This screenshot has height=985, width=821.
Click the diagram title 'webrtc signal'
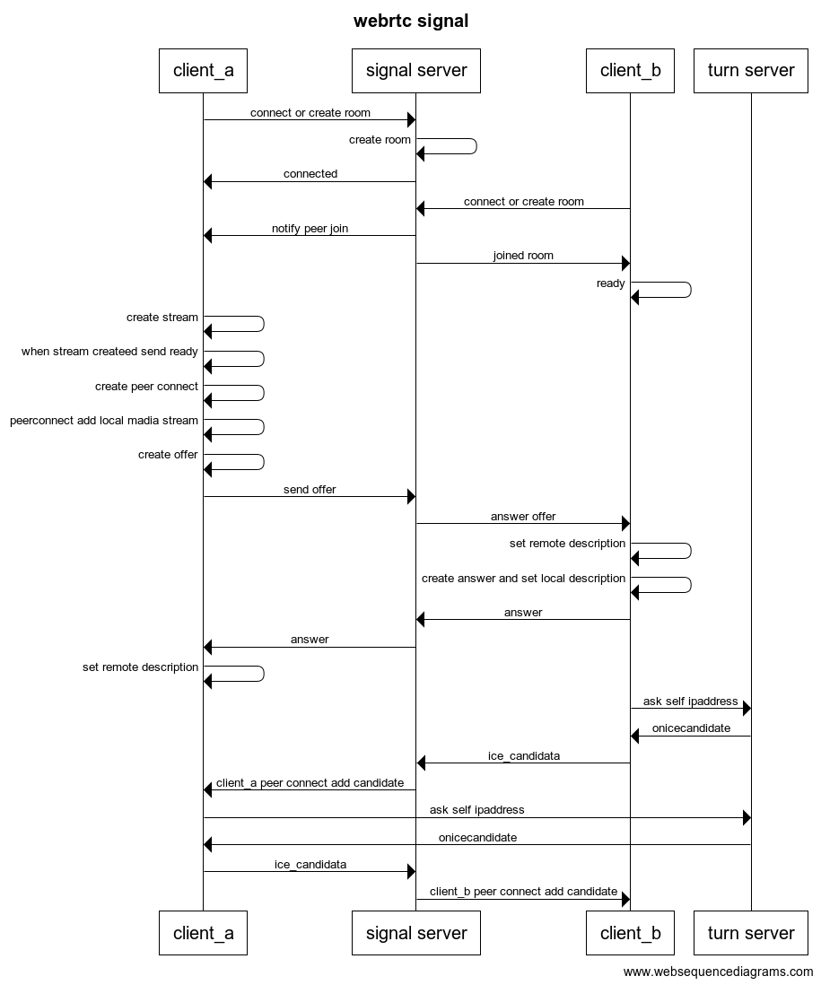pos(411,21)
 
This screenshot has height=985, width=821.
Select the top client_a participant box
pos(203,70)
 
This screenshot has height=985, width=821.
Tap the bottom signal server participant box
pos(416,933)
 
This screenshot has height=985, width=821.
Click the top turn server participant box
pos(751,70)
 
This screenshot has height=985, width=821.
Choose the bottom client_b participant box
pos(630,933)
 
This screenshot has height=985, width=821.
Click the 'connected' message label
pos(310,174)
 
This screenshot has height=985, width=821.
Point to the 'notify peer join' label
pos(310,229)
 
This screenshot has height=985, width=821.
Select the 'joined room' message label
pos(523,256)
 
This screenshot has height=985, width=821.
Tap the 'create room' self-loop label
pos(380,140)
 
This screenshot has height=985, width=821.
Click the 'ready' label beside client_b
pos(611,283)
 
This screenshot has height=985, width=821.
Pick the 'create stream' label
pos(162,318)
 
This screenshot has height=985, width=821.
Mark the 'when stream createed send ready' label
pos(109,352)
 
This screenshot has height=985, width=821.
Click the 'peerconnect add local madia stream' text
pos(104,421)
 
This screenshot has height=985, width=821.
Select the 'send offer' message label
pos(310,490)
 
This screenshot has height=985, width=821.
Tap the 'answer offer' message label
pos(523,517)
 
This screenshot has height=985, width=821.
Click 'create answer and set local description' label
pos(523,579)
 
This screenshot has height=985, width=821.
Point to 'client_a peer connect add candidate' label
pos(310,783)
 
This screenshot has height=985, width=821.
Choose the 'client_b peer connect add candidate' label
pos(523,892)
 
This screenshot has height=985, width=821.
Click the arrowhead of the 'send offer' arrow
pos(411,497)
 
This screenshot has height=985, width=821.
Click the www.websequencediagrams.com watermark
pos(718,972)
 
